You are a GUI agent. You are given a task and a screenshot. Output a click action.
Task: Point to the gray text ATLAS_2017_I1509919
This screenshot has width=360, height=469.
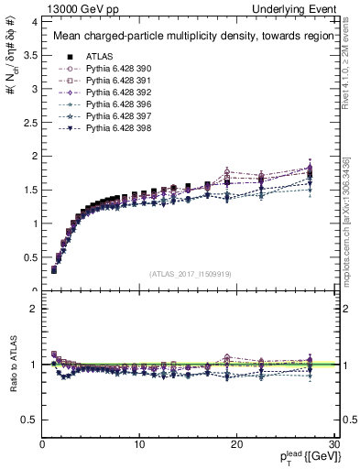189,274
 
